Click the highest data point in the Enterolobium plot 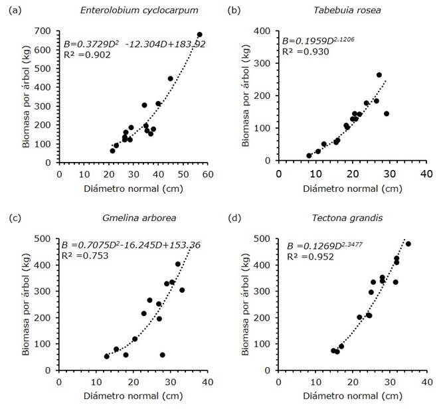[x=199, y=35]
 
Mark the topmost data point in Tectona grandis [x=408, y=244]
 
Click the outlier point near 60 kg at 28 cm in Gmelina [x=163, y=355]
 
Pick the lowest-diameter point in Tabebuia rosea [x=309, y=156]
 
